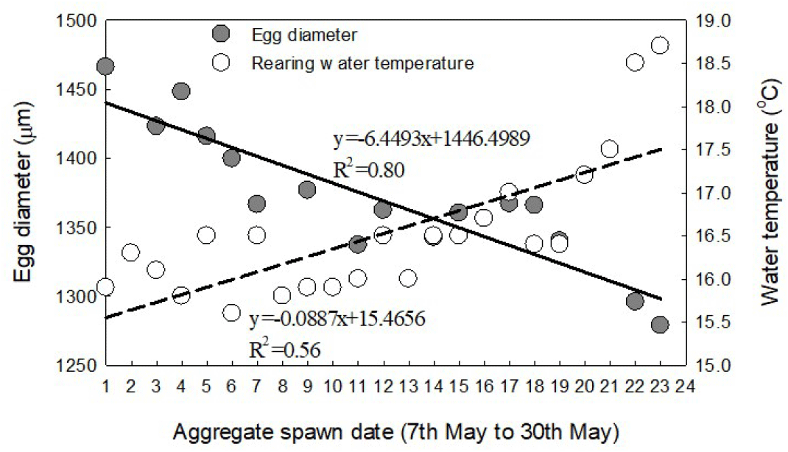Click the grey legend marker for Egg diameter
[x=220, y=34]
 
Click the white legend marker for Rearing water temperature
[x=220, y=63]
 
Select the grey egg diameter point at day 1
[x=105, y=67]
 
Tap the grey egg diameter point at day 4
[x=181, y=91]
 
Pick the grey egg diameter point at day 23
[x=660, y=325]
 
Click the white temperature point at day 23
[x=660, y=46]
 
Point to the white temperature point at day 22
[x=635, y=63]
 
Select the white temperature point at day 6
[x=231, y=313]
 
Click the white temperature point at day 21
[x=609, y=149]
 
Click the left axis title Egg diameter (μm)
[x=21, y=193]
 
